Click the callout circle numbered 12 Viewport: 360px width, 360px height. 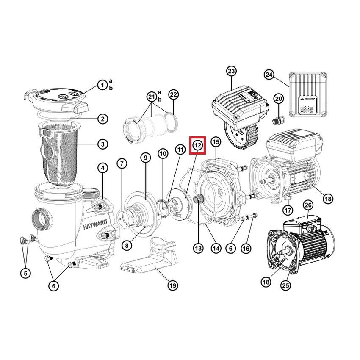[x=198, y=145]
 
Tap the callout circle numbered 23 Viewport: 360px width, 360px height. [x=231, y=71]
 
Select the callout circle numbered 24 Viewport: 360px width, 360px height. [x=269, y=75]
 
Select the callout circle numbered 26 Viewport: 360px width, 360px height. [x=308, y=205]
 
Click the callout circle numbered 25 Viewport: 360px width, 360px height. [x=285, y=285]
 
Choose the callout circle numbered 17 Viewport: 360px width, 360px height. [x=288, y=210]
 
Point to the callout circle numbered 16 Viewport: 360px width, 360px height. [x=246, y=248]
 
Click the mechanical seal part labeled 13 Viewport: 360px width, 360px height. [x=198, y=198]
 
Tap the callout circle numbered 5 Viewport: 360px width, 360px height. [x=25, y=273]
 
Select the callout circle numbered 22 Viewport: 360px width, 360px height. [x=173, y=94]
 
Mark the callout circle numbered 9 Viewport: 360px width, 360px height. [x=145, y=158]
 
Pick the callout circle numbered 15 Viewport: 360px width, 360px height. [x=216, y=141]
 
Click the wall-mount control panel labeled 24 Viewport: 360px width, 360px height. [x=307, y=95]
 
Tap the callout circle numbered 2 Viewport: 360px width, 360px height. [x=102, y=119]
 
